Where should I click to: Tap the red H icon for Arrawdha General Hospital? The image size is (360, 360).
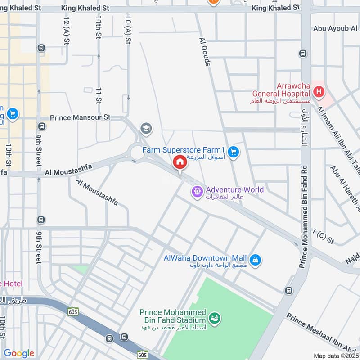(x=319, y=93)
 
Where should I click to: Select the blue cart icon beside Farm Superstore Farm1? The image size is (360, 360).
(x=233, y=153)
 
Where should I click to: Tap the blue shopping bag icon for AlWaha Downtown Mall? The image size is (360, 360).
(x=255, y=261)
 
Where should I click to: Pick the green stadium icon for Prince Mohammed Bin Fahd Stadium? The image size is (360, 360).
(x=216, y=318)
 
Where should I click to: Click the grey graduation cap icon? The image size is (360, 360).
(x=146, y=129)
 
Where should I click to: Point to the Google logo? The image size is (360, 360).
(x=19, y=353)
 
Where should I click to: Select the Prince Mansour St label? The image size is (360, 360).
(x=80, y=117)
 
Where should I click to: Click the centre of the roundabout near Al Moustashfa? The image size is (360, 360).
(x=136, y=153)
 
